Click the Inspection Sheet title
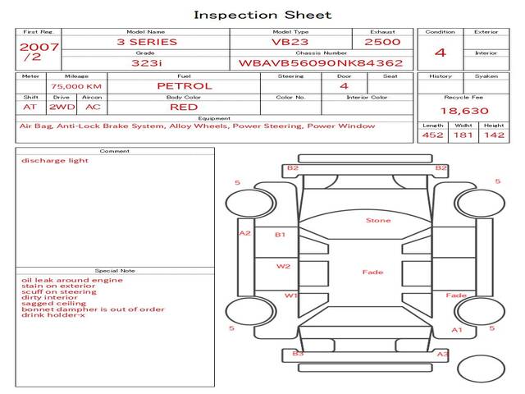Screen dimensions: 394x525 pos(262,15)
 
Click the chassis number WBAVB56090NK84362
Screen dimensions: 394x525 pos(321,62)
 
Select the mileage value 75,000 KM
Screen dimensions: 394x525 pos(76,86)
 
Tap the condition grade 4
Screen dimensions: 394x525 pos(441,53)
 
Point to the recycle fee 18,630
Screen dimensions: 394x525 pos(463,111)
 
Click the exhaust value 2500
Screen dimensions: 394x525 pos(382,42)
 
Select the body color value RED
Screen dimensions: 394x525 pos(183,108)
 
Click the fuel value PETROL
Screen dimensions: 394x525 pos(184,86)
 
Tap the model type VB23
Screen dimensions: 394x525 pos(290,42)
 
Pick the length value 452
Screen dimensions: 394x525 pos(432,135)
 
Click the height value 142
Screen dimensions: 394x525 pos(494,135)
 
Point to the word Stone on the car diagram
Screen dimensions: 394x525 pos(378,221)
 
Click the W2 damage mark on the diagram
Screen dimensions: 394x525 pos(283,267)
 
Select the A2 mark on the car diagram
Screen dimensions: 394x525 pos(244,233)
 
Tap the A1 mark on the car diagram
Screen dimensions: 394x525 pos(458,330)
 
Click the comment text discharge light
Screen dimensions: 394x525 pos(55,161)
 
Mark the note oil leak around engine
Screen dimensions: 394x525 pos(72,280)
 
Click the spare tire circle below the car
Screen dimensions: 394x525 pos(481,369)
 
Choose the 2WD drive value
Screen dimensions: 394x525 pos(61,108)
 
